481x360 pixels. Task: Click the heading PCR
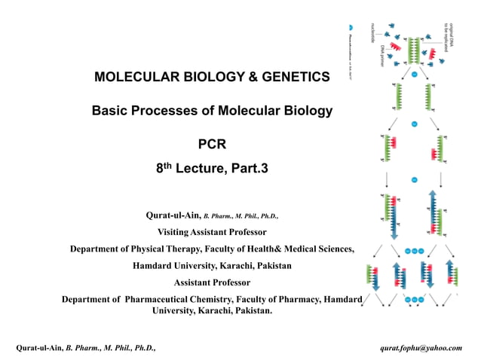[x=211, y=144]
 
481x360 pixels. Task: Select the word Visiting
[x=175, y=231]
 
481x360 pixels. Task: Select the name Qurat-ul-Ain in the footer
[x=40, y=347]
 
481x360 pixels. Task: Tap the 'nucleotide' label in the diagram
[x=372, y=35]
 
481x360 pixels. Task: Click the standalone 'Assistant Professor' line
[x=212, y=282]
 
